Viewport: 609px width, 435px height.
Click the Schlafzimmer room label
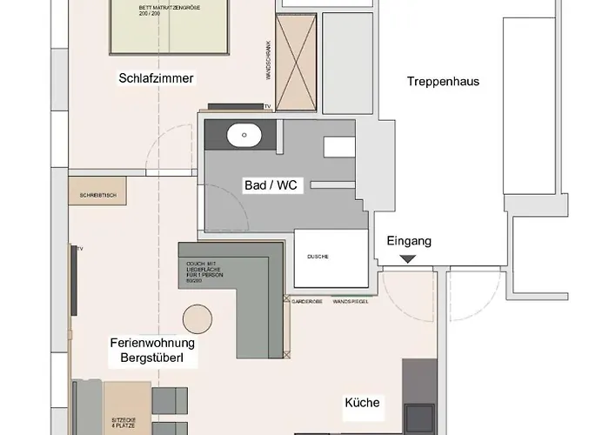[156, 78]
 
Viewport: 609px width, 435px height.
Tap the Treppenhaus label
[443, 82]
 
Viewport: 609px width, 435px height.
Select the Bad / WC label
[272, 185]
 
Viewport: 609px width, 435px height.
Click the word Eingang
[408, 241]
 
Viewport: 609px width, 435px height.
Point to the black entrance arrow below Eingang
[408, 258]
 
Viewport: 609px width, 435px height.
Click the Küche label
[362, 403]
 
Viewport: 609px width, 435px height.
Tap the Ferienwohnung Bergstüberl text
[152, 350]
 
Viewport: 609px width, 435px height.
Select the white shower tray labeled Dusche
[331, 258]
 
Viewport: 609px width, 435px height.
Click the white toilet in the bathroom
[339, 146]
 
